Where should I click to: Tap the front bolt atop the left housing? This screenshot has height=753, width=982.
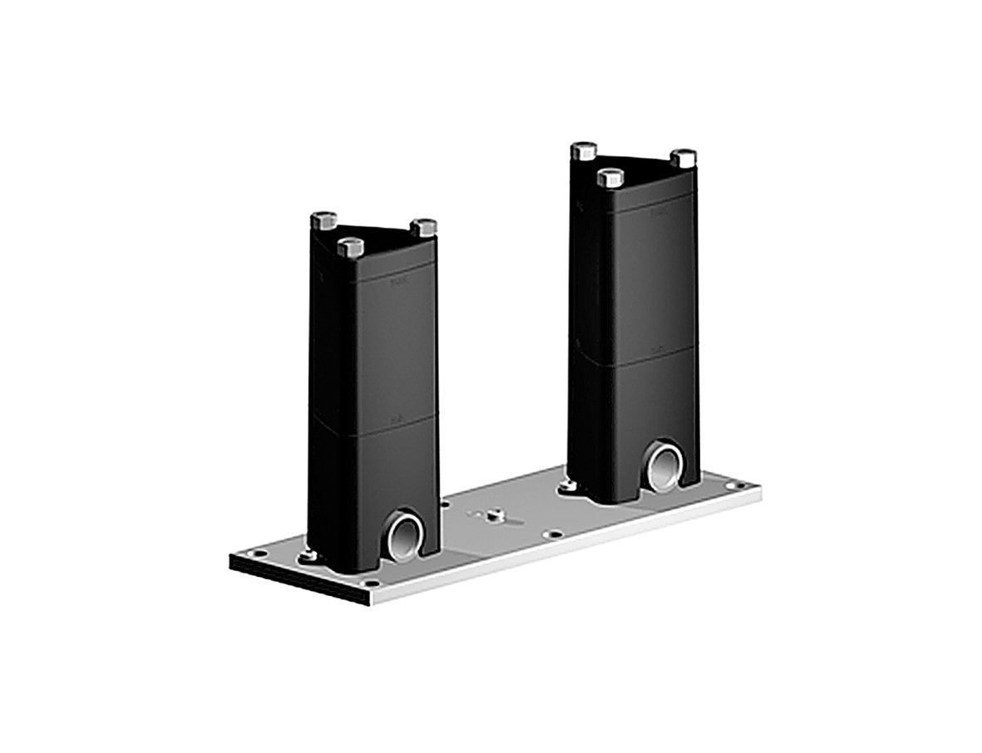tap(351, 247)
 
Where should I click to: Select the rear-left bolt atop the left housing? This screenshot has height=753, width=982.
tap(323, 222)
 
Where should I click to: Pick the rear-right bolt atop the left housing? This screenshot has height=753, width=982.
tap(424, 226)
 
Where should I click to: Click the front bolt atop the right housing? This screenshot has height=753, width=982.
tap(611, 176)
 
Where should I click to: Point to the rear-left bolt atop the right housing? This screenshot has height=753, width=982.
tap(584, 151)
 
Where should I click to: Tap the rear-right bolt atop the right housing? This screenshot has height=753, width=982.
tap(683, 157)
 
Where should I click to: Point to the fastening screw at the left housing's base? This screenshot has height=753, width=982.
tap(309, 555)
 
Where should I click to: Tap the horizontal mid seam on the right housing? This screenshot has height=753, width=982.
tap(634, 356)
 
